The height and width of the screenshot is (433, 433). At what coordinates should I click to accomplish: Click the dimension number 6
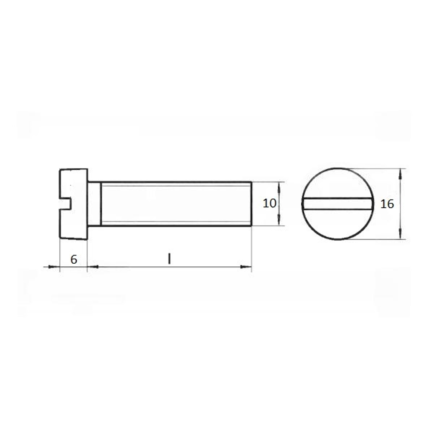pos(74,259)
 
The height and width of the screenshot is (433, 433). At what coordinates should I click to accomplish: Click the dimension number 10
pos(269,204)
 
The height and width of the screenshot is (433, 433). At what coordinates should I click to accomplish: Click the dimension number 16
pos(387,204)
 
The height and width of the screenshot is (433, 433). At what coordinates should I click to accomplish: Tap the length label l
pos(169,259)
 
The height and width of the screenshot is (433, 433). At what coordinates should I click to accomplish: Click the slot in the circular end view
pos(338,204)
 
